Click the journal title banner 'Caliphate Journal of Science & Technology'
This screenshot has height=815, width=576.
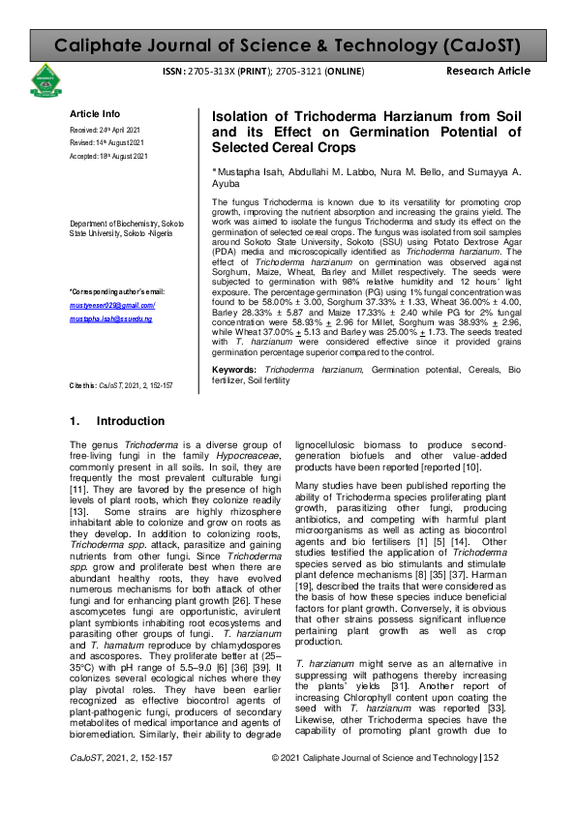click(288, 45)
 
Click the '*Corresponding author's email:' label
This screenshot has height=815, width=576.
click(117, 291)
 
